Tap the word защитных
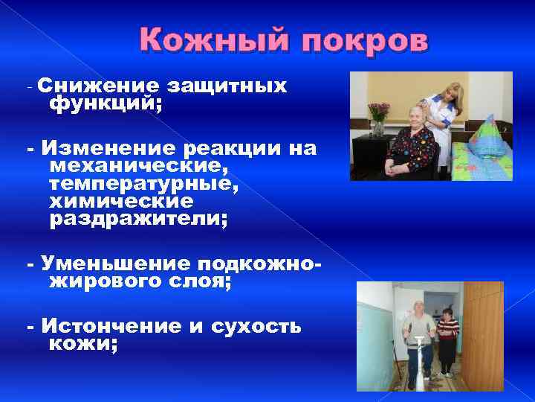226,86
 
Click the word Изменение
104,149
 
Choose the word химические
120,202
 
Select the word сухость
256,326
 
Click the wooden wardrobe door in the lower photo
483,335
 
